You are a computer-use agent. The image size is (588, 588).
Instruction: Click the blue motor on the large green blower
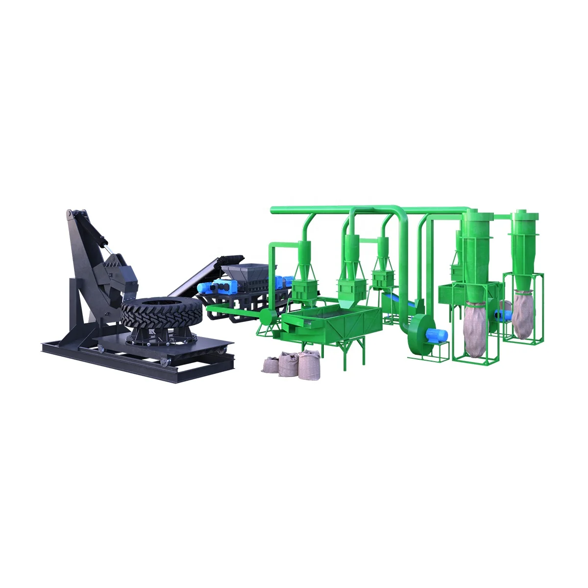coord(436,335)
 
